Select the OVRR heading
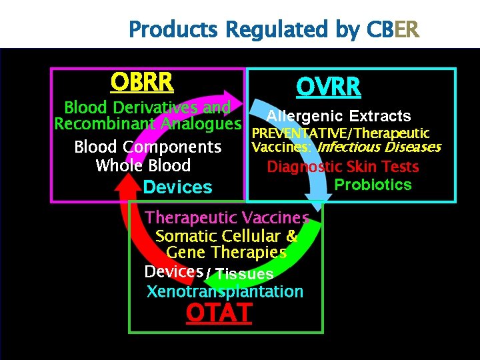point(329,87)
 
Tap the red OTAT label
point(219,312)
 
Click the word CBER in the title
point(393,30)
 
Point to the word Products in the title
point(174,30)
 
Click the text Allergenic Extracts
point(339,117)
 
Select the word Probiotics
point(373,185)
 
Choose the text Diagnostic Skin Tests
point(343,167)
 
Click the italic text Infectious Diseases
point(379,147)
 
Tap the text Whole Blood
point(143,166)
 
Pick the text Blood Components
point(147,147)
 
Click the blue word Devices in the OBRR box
point(177,187)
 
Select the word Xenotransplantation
point(225,291)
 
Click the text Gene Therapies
point(226,253)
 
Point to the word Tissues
point(244,274)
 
